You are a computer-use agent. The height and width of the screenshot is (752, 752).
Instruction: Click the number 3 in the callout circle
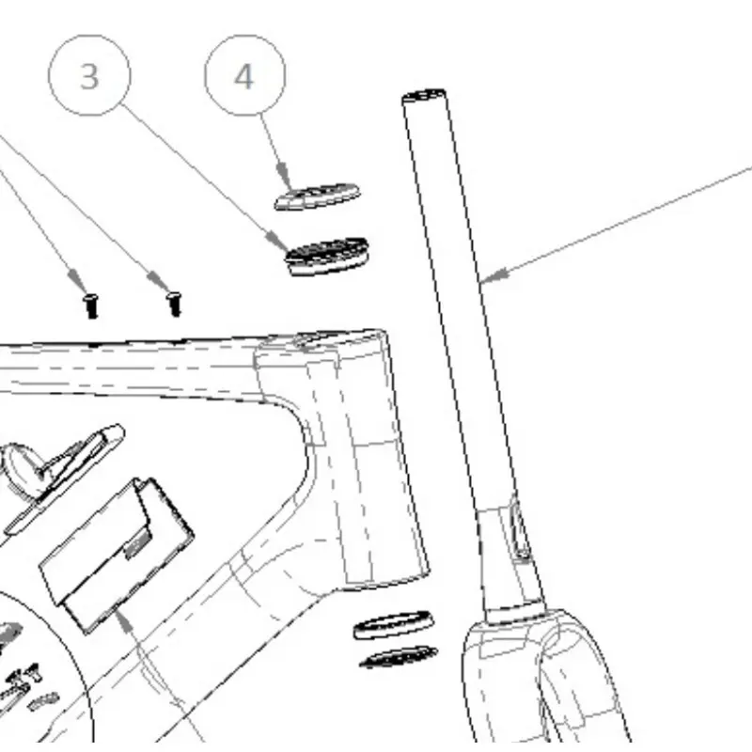click(x=89, y=77)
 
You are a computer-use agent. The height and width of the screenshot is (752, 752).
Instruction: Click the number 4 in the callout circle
click(x=243, y=77)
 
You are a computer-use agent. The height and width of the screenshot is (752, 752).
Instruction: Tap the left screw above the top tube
click(x=90, y=306)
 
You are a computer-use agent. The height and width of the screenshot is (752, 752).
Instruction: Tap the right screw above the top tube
click(x=175, y=304)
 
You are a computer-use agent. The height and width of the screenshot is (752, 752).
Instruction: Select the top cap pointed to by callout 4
click(x=317, y=196)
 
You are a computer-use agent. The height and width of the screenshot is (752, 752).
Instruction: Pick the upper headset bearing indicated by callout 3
click(x=327, y=256)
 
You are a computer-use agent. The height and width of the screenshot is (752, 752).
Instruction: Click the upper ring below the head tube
click(x=393, y=625)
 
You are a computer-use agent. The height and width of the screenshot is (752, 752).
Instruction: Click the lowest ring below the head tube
click(x=399, y=657)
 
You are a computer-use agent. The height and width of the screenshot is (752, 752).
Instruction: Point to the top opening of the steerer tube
click(x=424, y=95)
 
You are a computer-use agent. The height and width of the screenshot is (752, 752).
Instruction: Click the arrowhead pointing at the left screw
click(x=77, y=279)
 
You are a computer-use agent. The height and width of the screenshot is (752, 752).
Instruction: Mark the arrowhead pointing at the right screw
click(x=158, y=280)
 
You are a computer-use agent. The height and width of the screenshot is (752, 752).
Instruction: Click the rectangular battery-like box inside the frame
click(x=117, y=556)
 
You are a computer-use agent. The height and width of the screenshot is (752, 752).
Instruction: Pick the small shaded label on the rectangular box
click(x=137, y=545)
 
